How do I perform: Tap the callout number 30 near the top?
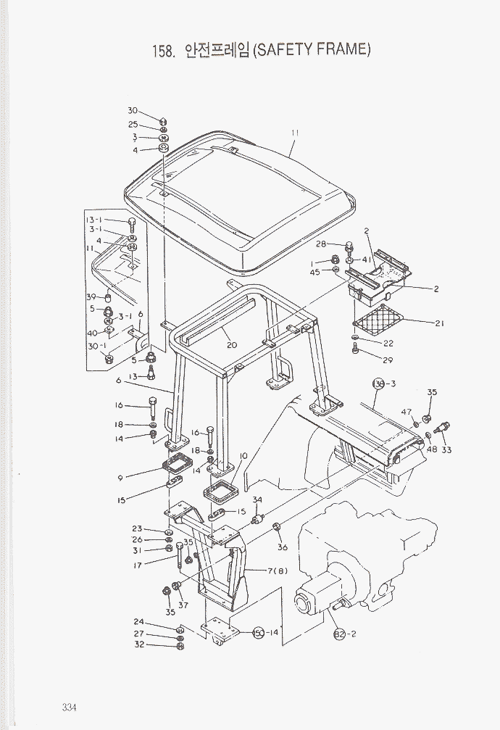[x=133, y=111]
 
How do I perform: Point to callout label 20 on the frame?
[x=232, y=345]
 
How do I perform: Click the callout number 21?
[x=439, y=323]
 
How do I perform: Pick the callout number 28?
[x=321, y=244]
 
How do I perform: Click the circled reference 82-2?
[x=341, y=636]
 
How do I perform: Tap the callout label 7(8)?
[x=277, y=571]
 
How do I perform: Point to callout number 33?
[x=446, y=450]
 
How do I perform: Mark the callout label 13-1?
[x=95, y=220]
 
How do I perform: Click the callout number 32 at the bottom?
[x=139, y=644]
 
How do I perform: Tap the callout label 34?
[x=257, y=499]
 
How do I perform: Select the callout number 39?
[x=91, y=297]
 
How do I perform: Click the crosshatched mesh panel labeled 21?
[x=378, y=317]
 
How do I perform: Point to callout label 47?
[x=407, y=412]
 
